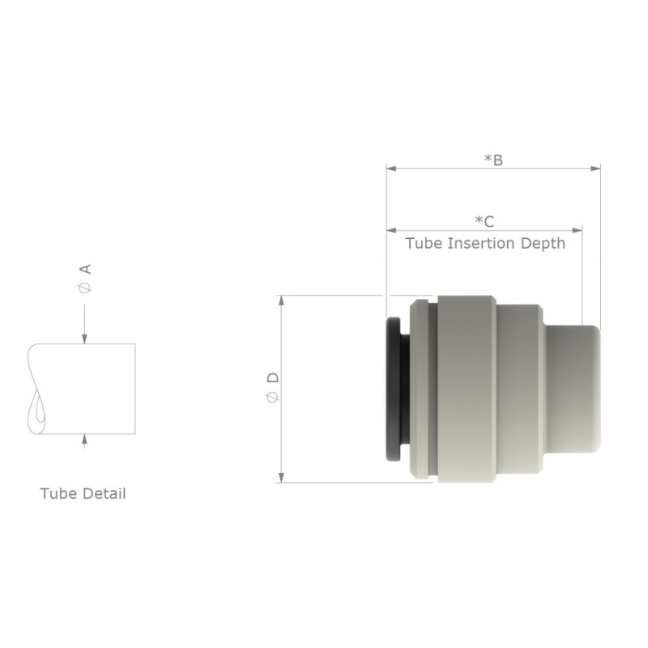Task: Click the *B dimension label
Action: [493, 160]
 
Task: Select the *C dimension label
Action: [484, 221]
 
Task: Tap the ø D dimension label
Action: [273, 388]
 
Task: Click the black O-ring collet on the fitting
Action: [394, 389]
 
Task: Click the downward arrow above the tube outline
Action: [85, 338]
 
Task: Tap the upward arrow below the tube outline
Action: [85, 441]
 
